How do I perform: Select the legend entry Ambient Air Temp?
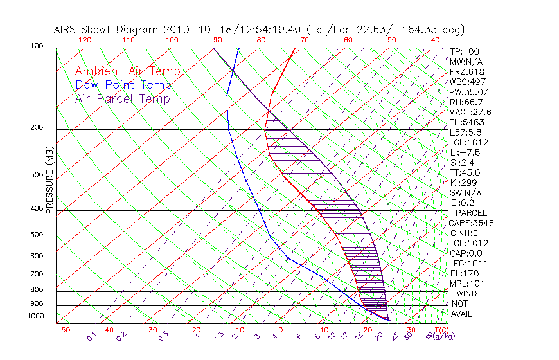[x=127, y=71]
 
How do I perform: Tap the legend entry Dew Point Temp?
[x=123, y=85]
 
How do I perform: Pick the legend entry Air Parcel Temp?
[x=122, y=98]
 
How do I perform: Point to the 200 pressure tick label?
[x=37, y=127]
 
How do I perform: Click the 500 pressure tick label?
[x=37, y=235]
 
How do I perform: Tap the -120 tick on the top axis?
[x=82, y=40]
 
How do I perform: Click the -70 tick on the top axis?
[x=301, y=40]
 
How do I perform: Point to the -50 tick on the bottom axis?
[x=63, y=330]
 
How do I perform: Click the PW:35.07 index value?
[x=469, y=92]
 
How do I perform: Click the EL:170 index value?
[x=465, y=273]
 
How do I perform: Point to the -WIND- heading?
[x=467, y=293]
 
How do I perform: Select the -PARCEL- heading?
[x=471, y=213]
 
